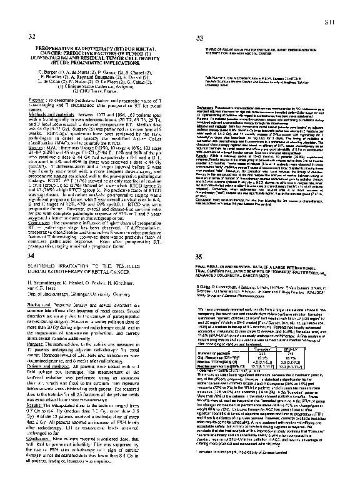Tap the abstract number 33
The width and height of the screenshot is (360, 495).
201,39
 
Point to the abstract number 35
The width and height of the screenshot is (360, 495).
201,257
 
